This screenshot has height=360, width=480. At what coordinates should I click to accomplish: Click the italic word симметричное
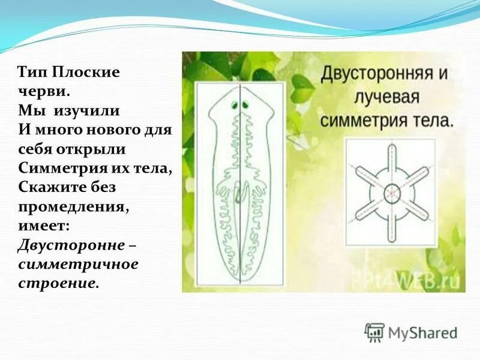(x=78, y=264)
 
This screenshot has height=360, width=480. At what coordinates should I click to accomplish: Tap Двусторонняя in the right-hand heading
(x=376, y=75)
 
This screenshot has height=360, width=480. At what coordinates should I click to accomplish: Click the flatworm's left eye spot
(x=232, y=106)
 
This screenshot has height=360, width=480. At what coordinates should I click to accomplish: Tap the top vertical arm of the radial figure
(x=391, y=159)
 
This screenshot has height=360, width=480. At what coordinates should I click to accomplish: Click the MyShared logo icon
(x=374, y=332)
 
